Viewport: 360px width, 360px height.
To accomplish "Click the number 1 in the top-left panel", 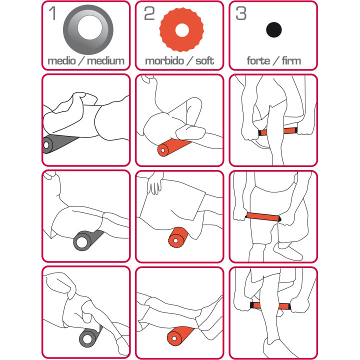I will click(x=52, y=13).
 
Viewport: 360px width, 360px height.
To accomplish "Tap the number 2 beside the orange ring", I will click(x=149, y=13).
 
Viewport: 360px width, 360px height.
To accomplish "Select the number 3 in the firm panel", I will click(x=241, y=13).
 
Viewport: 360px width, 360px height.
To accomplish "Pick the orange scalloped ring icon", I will click(x=181, y=30).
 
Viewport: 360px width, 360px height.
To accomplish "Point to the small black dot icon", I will click(x=273, y=29).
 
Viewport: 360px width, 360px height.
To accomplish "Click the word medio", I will click(x=62, y=61).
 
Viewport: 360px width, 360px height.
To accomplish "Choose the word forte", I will click(x=258, y=61).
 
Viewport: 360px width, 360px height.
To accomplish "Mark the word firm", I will click(x=291, y=61).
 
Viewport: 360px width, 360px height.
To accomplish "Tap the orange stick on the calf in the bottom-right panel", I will click(x=270, y=305).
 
